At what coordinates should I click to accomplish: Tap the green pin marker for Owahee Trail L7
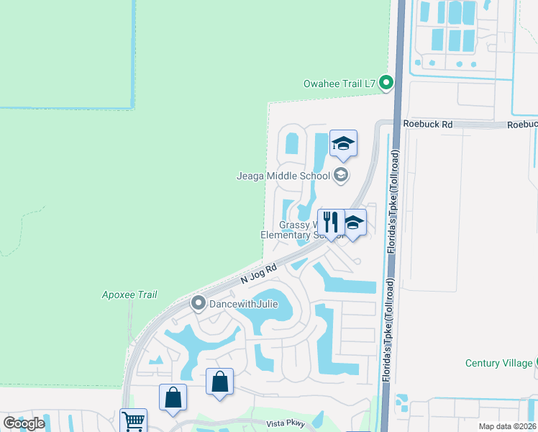pos(386,84)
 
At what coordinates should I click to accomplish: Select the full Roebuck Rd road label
pos(428,124)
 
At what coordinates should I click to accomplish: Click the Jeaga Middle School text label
pos(284,175)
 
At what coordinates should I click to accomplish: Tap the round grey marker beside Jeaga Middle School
pos(341,175)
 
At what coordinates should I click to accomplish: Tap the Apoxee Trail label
pos(129,294)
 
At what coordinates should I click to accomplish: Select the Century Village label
pos(498,363)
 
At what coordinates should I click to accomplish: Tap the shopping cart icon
pos(132,421)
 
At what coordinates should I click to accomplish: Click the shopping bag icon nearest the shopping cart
pos(173,397)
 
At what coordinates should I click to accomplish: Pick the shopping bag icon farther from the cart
pos(219,382)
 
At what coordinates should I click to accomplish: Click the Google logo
pos(24,423)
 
